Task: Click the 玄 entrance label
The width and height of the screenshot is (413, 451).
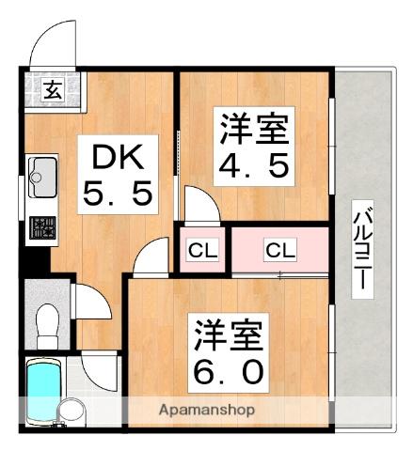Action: coord(52,90)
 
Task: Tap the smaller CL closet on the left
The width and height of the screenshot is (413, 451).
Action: coord(200,250)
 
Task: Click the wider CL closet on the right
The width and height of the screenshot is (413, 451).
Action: coord(279,250)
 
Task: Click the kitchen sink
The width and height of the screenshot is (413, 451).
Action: coord(43,173)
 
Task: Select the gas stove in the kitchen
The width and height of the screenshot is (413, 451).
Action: coord(42,226)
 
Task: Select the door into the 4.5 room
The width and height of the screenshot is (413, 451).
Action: coord(199,204)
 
